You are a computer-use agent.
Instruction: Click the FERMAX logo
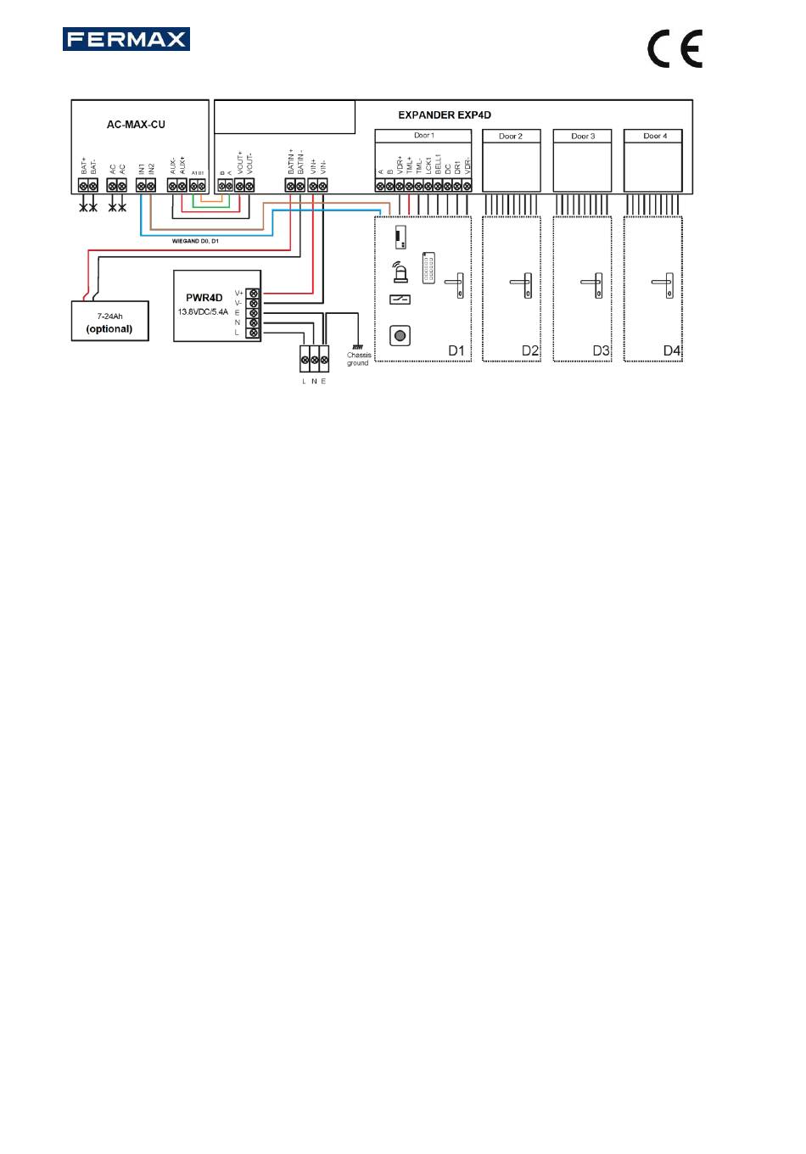(126, 39)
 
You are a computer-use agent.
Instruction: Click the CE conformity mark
(674, 49)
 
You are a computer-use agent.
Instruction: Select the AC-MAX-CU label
(136, 125)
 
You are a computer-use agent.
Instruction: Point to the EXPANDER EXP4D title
(445, 115)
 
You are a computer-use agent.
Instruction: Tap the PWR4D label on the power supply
(204, 298)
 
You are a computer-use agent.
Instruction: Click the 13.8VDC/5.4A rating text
(204, 312)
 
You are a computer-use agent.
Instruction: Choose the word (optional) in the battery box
(109, 328)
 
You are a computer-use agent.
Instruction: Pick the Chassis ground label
(358, 359)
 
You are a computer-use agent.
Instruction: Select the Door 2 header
(511, 136)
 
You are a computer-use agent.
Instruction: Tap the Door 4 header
(652, 136)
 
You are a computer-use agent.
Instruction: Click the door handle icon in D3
(596, 284)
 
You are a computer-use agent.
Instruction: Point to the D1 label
(456, 350)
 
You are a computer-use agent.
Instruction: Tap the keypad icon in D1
(428, 266)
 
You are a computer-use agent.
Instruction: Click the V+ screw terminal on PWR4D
(253, 293)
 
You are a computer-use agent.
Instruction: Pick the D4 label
(672, 350)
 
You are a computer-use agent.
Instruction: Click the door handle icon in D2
(524, 284)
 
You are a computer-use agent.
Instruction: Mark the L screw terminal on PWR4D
(253, 333)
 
